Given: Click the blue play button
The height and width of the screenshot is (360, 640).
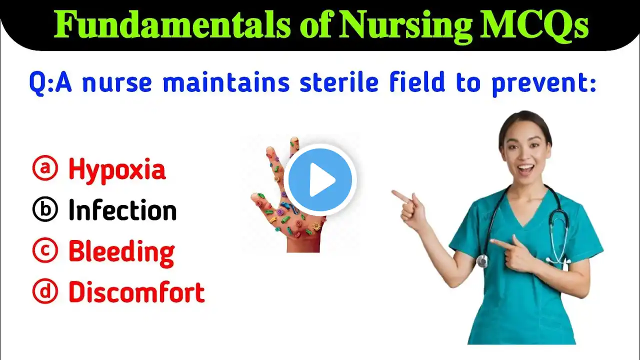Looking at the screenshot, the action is (320, 180).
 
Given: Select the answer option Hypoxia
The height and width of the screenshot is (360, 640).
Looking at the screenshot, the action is (117, 169).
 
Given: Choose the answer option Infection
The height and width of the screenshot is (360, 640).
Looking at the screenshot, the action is (122, 210).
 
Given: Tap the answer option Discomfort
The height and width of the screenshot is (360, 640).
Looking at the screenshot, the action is (137, 291).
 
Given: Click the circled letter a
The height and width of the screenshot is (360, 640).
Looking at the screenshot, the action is (45, 167).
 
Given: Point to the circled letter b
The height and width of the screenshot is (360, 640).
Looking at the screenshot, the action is (45, 209).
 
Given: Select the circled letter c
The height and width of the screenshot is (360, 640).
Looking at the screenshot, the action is (45, 250).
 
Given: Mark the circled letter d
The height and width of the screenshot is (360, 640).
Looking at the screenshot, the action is (45, 291).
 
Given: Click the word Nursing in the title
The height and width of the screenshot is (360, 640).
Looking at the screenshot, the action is (405, 25).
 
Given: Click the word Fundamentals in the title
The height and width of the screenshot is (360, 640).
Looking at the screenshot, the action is (172, 24).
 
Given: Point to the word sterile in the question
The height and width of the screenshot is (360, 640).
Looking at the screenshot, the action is (339, 81).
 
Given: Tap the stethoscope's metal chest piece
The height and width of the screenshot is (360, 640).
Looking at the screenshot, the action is (482, 261).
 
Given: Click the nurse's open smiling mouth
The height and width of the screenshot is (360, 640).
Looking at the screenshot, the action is (525, 169).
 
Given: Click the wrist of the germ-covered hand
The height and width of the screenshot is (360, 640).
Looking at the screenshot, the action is (303, 245).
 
